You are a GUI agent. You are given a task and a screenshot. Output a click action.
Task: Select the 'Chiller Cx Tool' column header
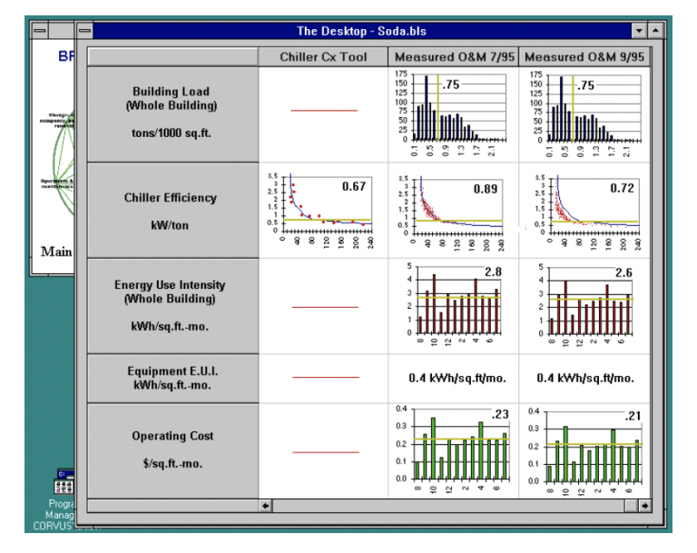323,57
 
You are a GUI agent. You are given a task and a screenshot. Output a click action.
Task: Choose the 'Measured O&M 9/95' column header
584,57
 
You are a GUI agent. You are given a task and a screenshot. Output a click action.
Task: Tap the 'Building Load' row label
172,98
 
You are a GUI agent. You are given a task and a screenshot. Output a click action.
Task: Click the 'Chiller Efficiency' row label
172,198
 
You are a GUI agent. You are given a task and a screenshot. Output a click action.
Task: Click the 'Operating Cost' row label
172,436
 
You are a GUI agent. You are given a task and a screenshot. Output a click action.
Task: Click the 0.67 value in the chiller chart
353,186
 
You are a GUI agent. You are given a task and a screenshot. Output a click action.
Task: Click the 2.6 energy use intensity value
624,272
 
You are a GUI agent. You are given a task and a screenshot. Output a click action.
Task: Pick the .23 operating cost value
498,415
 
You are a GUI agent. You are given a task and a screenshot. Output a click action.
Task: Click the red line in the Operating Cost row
325,451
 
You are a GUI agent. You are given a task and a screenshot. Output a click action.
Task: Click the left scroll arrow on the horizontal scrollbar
266,505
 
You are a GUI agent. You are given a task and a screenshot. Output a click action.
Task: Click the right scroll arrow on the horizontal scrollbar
644,505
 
